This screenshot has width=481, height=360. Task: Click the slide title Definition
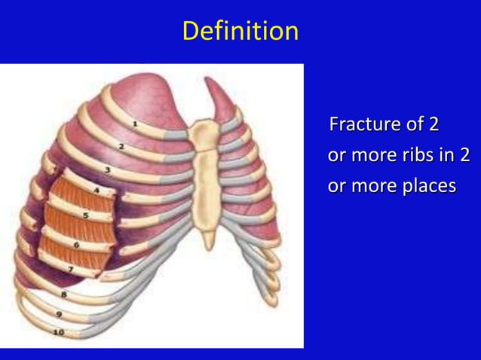point(240,32)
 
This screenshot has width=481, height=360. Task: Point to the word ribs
point(416,155)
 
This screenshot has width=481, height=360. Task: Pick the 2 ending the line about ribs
point(464,155)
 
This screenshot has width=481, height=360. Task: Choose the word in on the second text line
point(446,155)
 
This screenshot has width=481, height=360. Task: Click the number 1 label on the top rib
point(134,122)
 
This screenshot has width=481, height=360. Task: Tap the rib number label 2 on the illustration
point(121,146)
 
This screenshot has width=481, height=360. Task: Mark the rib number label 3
point(107,170)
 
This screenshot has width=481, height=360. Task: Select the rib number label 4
point(96,191)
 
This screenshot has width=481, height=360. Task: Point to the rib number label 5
point(85,216)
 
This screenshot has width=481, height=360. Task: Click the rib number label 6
point(76,244)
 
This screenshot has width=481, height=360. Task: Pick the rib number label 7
point(70,269)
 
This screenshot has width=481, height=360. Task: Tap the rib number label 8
point(64,294)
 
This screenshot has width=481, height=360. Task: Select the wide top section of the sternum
point(203,135)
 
